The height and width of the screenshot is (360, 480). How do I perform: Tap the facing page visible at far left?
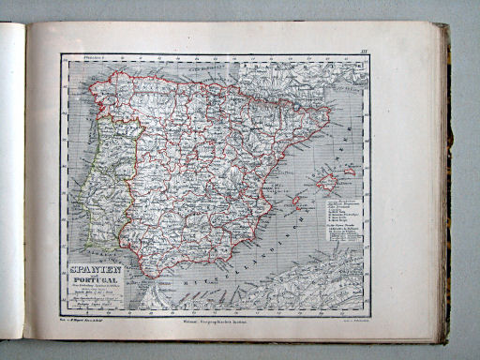pos(11,187)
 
